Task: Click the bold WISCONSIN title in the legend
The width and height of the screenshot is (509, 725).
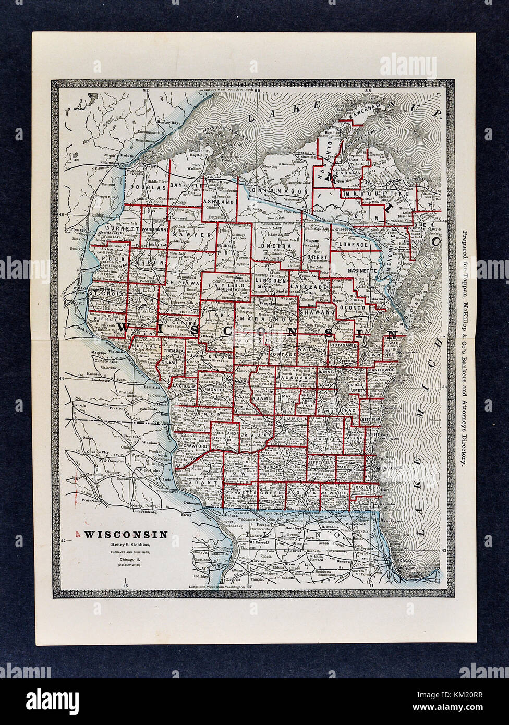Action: coord(126,534)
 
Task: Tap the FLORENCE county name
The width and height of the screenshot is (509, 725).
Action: coord(352,244)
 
